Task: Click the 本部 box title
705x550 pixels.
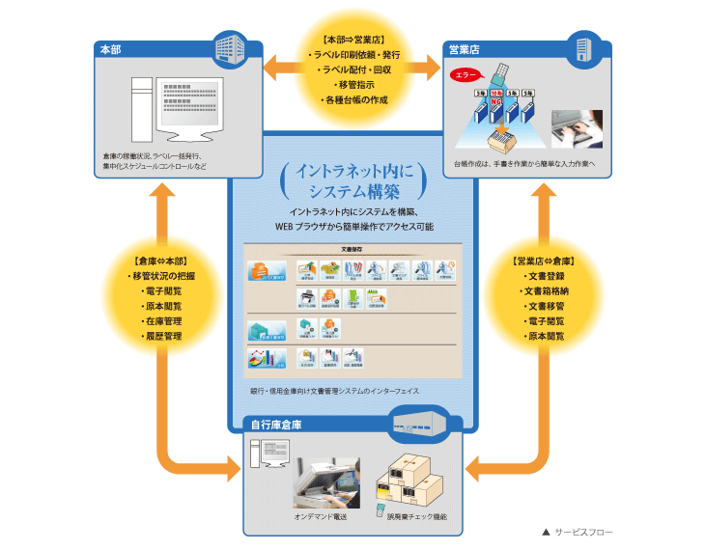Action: [109, 49]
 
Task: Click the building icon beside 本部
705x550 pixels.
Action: [231, 45]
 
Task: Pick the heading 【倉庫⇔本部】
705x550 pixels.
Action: [161, 261]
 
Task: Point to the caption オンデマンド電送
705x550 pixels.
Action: [321, 517]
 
